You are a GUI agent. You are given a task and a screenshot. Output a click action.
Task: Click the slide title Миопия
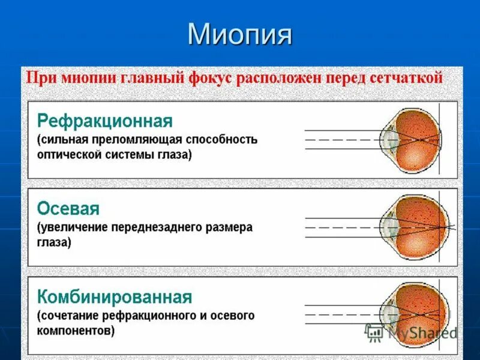pos(240,34)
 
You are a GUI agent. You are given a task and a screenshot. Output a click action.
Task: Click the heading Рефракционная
pos(105,121)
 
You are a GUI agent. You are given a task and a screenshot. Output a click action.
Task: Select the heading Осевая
pos(68,209)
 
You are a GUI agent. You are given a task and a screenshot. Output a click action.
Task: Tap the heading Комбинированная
pos(115,297)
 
